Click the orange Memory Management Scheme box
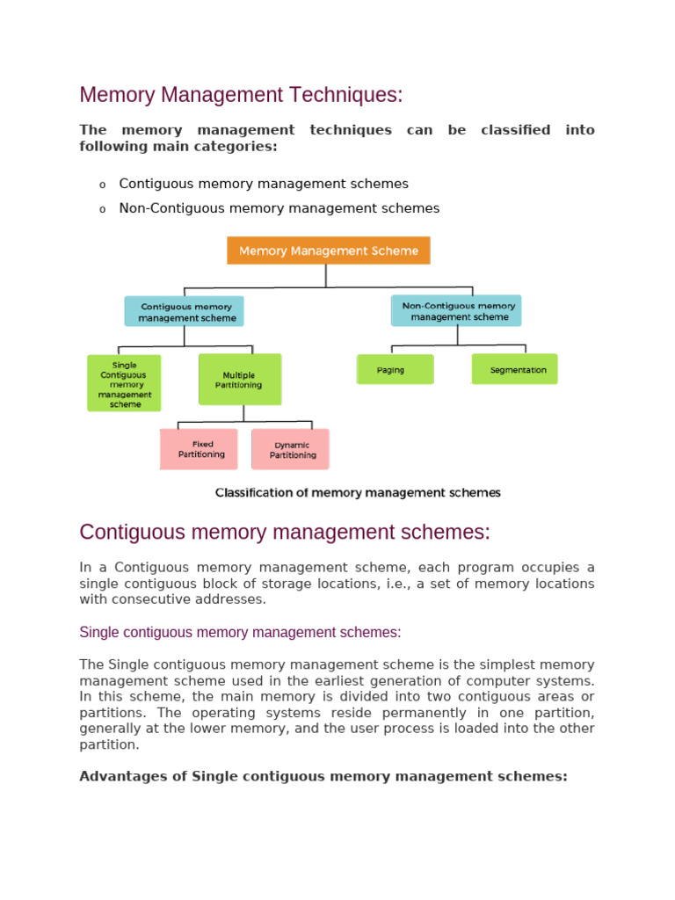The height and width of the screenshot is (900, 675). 329,250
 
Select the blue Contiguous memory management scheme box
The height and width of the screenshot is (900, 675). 185,312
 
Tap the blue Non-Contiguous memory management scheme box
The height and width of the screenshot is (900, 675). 455,311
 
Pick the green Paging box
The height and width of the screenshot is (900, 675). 395,370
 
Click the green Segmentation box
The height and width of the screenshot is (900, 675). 514,370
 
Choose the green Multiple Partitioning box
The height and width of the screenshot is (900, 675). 239,380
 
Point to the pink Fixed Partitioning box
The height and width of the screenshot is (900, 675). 199,449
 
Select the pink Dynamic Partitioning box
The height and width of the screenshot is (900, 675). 290,450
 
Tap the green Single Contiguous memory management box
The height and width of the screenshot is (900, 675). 124,383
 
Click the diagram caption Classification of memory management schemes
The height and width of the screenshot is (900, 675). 358,493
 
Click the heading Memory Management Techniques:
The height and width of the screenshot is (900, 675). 241,95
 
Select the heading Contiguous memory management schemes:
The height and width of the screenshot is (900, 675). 285,533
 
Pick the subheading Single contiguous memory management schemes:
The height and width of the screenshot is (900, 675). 240,632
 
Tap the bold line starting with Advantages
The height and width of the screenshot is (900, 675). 323,776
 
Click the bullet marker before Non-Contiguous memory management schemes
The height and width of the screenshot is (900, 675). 102,209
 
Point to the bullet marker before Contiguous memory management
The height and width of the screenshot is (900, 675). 102,185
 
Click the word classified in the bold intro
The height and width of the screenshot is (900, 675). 515,130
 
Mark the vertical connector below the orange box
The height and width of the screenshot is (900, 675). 326,276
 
